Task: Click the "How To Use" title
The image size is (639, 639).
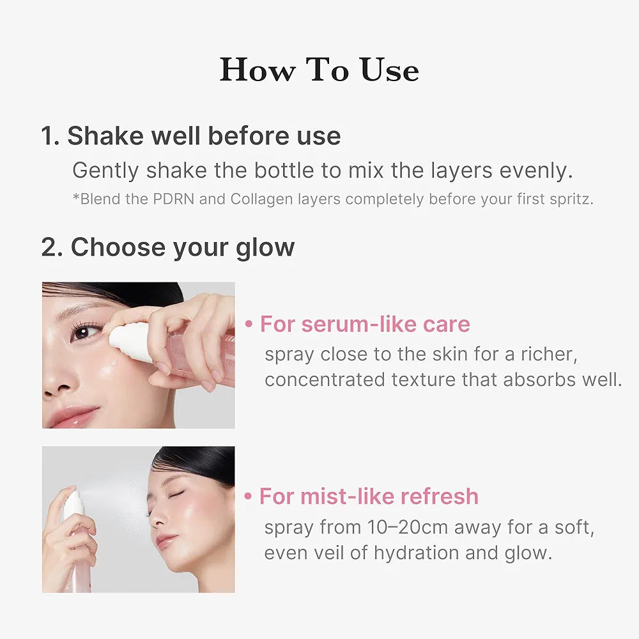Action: [319, 70]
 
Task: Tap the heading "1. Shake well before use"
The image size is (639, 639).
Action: [190, 136]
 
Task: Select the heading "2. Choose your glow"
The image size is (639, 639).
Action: [168, 247]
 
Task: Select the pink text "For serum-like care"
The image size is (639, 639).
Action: [365, 324]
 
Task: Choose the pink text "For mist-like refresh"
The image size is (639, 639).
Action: [369, 497]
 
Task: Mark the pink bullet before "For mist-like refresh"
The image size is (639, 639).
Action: [249, 497]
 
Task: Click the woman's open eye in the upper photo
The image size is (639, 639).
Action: [86, 332]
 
